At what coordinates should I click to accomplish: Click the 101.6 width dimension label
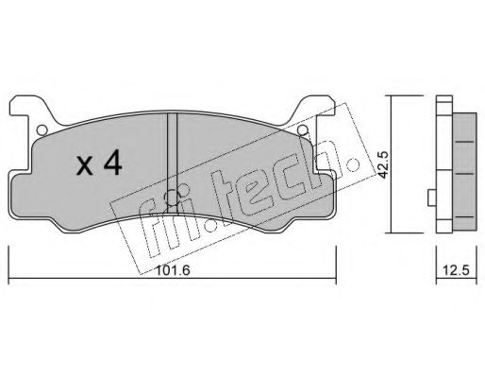click(174, 270)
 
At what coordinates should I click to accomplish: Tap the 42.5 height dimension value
click(383, 164)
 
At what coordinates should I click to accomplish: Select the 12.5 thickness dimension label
click(456, 270)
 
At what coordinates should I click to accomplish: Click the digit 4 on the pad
click(113, 163)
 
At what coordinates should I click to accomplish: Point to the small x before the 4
click(85, 165)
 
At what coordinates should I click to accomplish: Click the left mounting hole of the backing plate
click(42, 129)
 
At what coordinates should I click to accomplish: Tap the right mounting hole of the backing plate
click(303, 129)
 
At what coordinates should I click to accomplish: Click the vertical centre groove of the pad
click(172, 163)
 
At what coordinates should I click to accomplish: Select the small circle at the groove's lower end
click(173, 198)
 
